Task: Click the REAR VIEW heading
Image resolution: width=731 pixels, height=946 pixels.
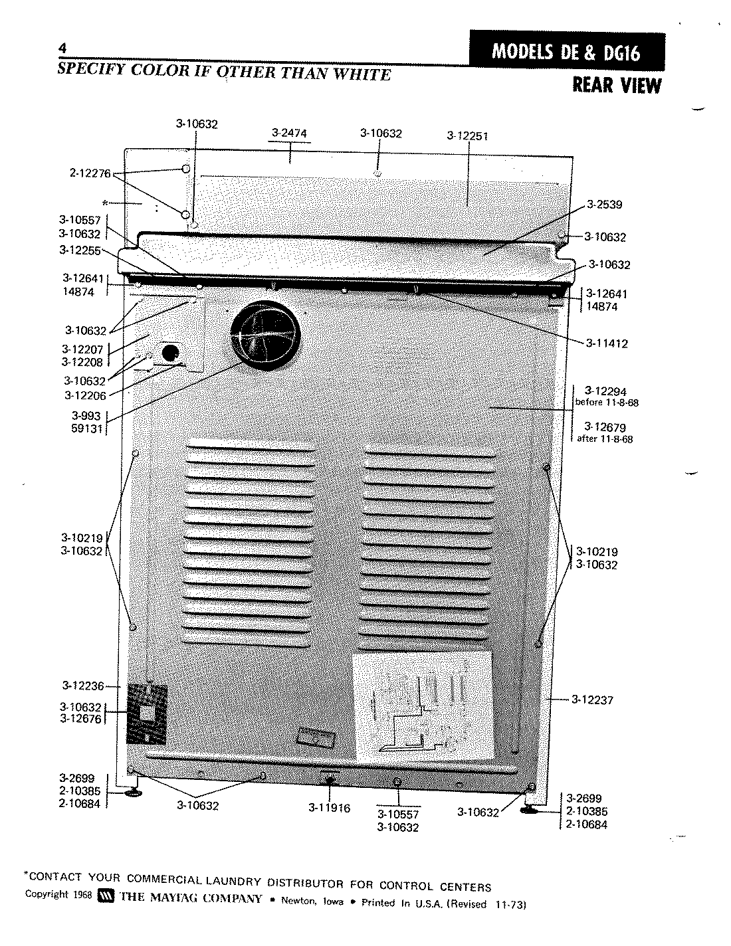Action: click(x=617, y=86)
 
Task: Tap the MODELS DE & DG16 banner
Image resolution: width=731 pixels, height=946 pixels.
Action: click(x=566, y=52)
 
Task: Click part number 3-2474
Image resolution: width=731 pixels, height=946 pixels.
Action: click(x=290, y=133)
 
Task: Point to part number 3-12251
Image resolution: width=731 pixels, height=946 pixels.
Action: click(x=468, y=136)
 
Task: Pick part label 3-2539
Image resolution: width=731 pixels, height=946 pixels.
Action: click(x=604, y=205)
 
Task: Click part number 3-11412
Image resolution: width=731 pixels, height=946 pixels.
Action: click(x=607, y=343)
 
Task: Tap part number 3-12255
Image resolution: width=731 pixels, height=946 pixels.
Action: click(x=80, y=250)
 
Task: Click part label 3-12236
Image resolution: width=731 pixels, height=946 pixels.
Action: click(x=84, y=686)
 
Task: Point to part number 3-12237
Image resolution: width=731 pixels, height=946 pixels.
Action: click(x=591, y=700)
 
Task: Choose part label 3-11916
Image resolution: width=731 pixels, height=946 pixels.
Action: click(x=329, y=808)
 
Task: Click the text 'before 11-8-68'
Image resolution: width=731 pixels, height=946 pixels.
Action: click(x=606, y=403)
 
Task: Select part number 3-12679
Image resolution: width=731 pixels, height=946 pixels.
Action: click(x=605, y=427)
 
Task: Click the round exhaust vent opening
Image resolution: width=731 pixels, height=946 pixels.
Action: click(x=265, y=333)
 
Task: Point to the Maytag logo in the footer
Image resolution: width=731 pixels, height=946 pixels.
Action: click(x=106, y=898)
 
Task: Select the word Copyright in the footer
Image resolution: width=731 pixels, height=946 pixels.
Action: click(x=47, y=894)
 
